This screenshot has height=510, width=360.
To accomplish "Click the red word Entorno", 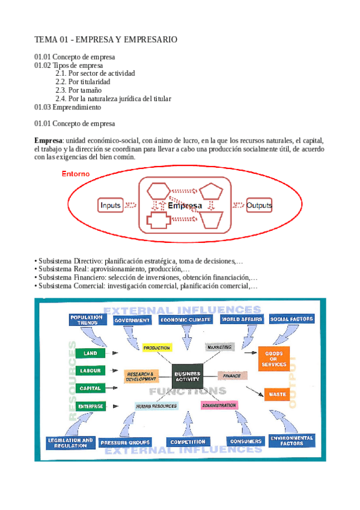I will [x=75, y=174].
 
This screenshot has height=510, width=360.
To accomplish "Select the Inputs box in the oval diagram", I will [x=111, y=206].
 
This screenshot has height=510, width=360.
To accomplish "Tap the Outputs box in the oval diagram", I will [x=259, y=206].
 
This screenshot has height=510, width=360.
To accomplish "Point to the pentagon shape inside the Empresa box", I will [x=212, y=192].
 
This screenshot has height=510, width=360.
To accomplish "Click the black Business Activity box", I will [x=188, y=377].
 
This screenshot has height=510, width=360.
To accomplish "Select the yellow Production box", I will [x=157, y=348].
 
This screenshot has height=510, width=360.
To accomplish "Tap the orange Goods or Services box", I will [x=273, y=359].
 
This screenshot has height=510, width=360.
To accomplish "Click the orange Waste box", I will [x=277, y=394].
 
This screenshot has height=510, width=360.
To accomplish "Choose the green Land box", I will [x=91, y=353].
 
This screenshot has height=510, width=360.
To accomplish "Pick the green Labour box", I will [x=91, y=370].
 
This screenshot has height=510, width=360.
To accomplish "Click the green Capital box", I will [x=91, y=388].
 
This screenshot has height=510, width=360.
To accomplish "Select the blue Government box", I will [x=133, y=321].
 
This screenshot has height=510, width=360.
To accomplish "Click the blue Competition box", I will [x=188, y=441].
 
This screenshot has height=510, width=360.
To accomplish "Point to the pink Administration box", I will [x=219, y=405].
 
